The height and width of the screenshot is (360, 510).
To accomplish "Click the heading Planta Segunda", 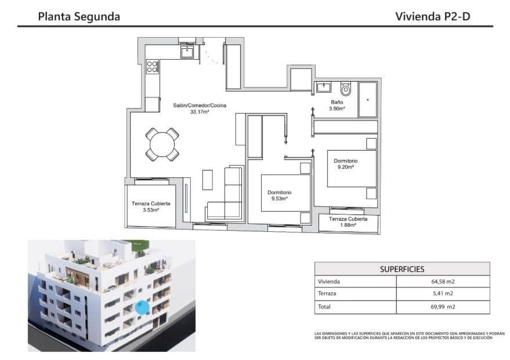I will point(79,16).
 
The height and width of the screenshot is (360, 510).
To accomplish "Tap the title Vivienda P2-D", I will point(432,16).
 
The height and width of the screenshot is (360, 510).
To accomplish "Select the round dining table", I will point(162,144).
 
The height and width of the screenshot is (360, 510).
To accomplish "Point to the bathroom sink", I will point(323,88).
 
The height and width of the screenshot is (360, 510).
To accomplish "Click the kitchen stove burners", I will point(153,67).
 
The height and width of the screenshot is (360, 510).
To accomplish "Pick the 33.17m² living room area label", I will point(199,112).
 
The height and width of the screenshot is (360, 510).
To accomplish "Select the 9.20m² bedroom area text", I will point(345,167).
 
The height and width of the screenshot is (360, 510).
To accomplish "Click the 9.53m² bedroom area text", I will point(280,198).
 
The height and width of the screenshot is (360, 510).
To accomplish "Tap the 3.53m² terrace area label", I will point(151,210).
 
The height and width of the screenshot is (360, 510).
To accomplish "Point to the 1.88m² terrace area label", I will point(348,226).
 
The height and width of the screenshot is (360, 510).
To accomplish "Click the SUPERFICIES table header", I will point(402,269).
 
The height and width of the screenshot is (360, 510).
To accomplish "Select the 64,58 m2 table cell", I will point(442,282).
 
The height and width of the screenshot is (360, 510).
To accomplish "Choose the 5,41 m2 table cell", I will point(442,294).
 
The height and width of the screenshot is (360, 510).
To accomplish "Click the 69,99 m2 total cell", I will point(442,307).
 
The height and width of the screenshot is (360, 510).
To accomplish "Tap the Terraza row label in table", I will point(328,294).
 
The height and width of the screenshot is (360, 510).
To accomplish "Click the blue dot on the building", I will point(142,308).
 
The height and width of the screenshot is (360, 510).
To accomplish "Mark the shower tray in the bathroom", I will point(367,99).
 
